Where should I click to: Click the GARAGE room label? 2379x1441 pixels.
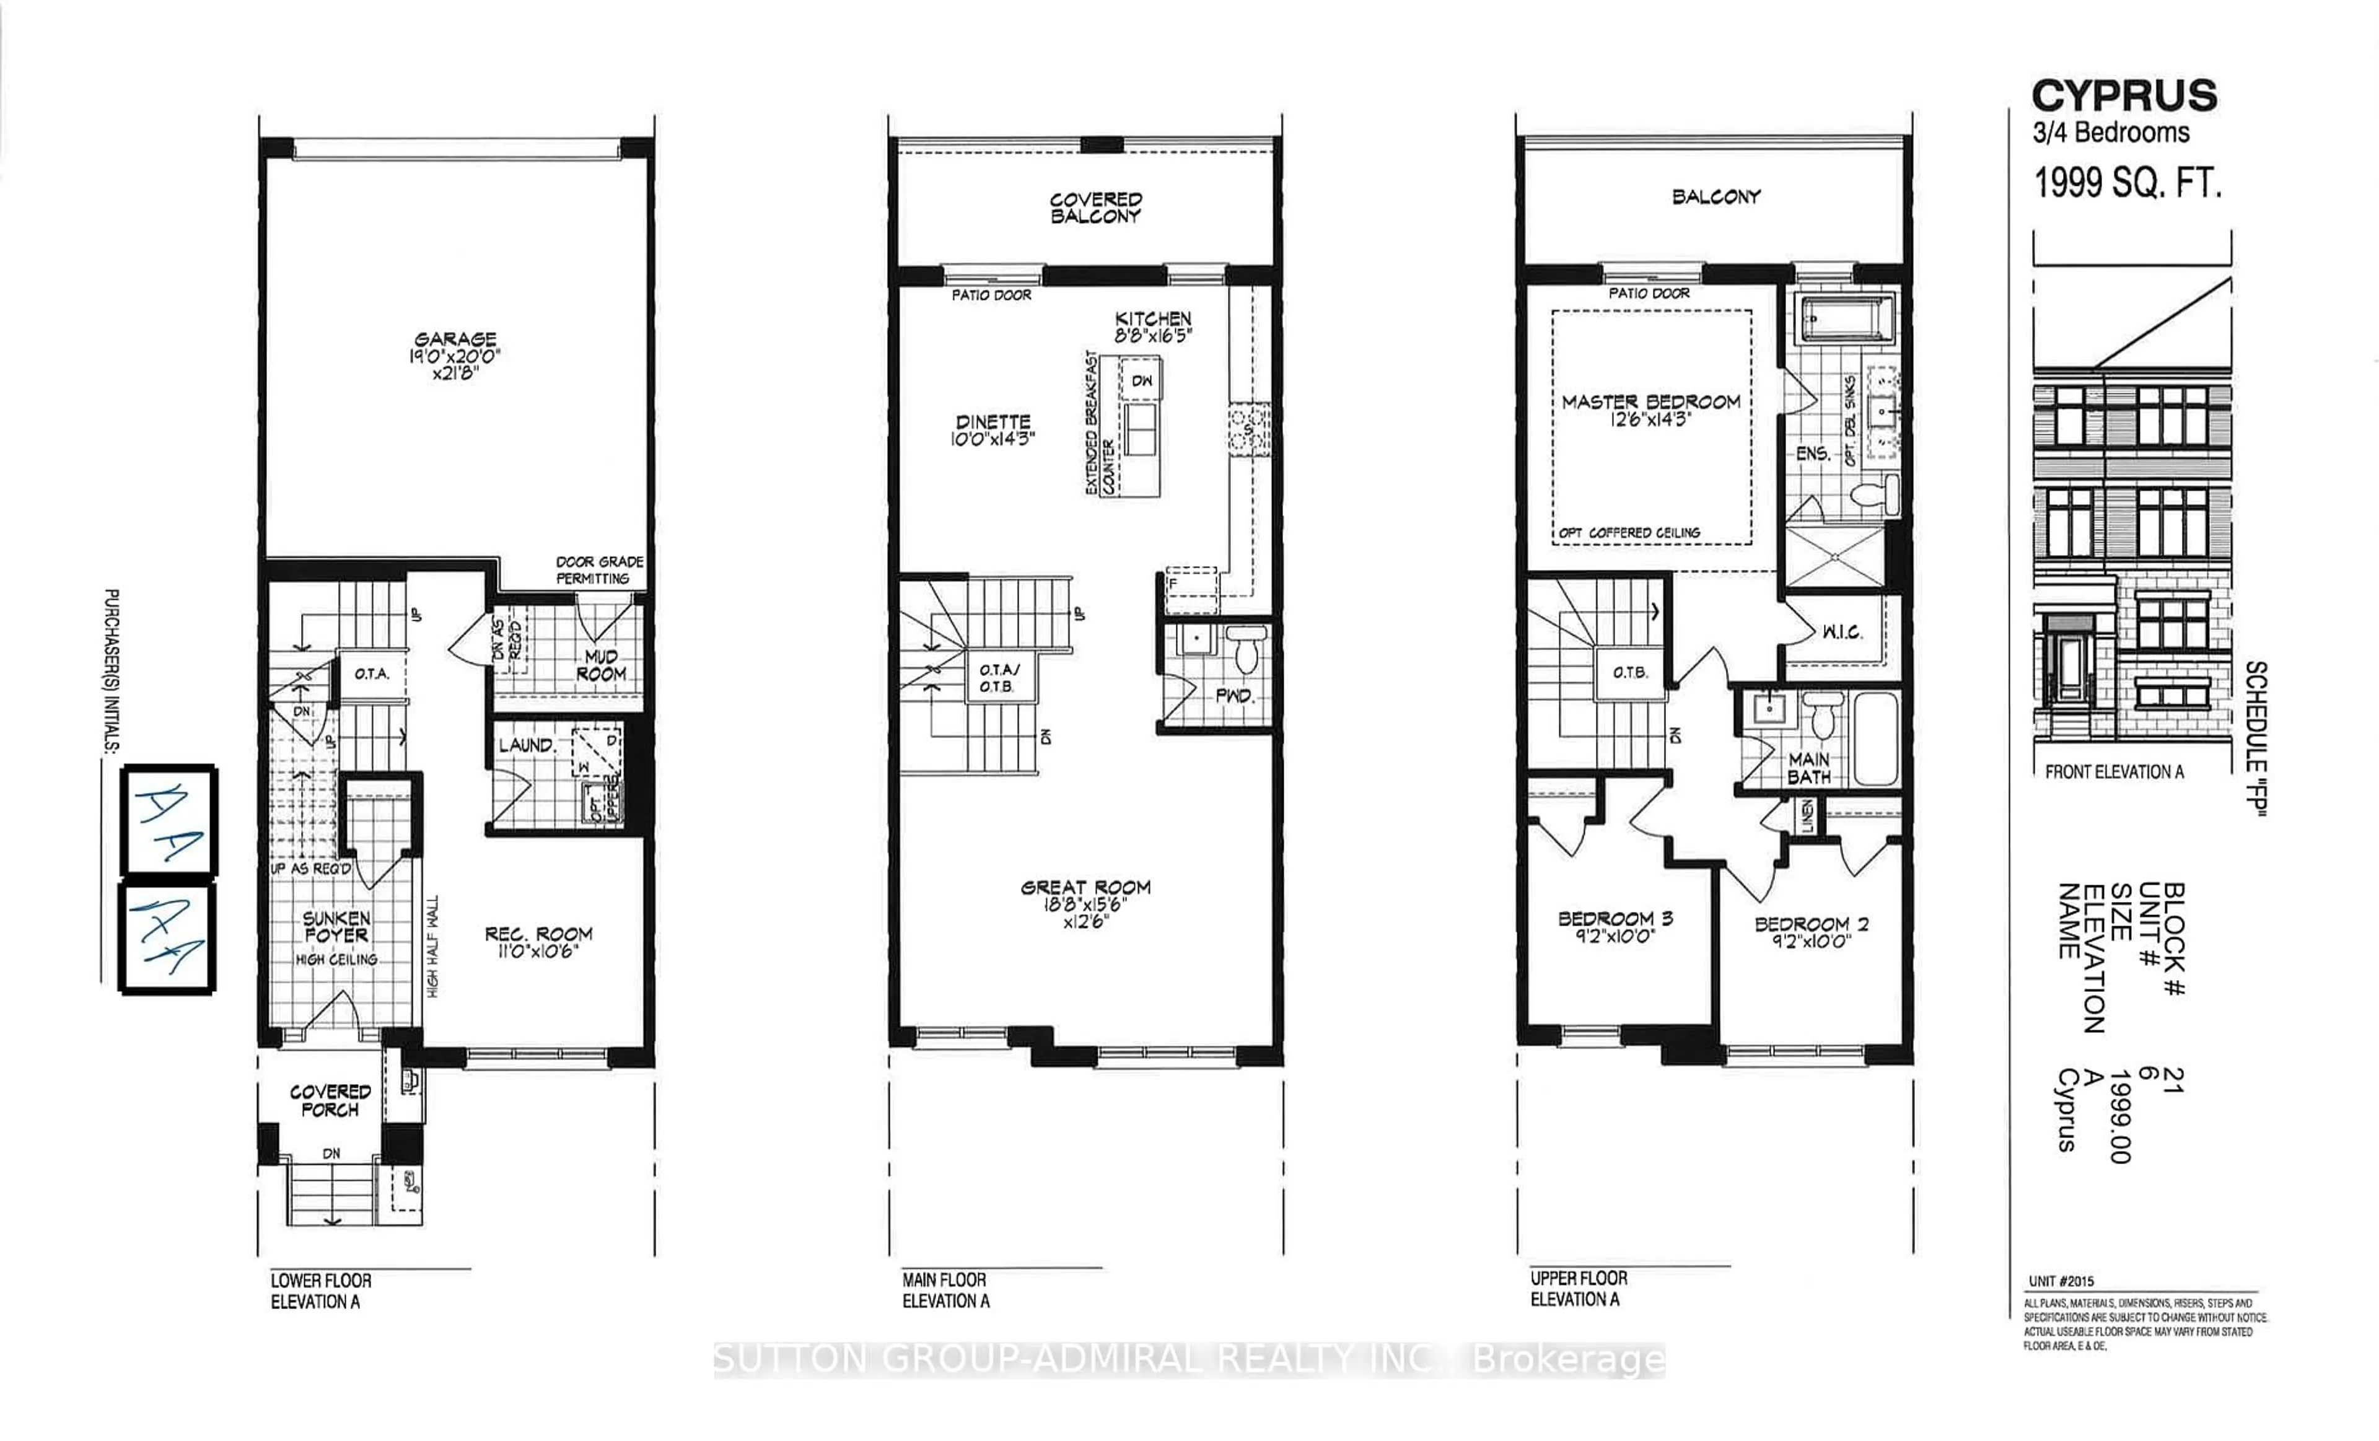point(455,339)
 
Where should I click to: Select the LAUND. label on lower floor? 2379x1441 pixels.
point(526,745)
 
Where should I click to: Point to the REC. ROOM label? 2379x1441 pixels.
point(538,934)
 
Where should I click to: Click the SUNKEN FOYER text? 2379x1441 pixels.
point(336,927)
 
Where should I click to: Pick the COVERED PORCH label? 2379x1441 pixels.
point(330,1100)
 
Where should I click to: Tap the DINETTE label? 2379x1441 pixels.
point(992,422)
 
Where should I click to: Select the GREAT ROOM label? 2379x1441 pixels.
point(1085,887)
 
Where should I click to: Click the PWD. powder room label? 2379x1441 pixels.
point(1233,695)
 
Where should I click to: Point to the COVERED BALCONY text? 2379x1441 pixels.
point(1096,208)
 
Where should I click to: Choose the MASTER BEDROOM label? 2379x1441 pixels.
point(1651,401)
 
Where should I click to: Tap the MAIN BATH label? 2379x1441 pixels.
point(1808,768)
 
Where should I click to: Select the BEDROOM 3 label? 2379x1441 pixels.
point(1615,919)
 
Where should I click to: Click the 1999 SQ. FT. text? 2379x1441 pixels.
point(2128,182)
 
